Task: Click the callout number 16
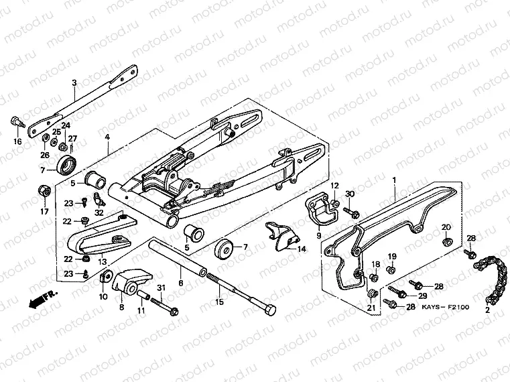17,141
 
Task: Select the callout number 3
74,83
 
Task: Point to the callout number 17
44,212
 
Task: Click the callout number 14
302,249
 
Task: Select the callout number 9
318,235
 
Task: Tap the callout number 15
218,303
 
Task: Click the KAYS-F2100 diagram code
447,307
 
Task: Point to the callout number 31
160,289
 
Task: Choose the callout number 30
349,194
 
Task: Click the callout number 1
395,180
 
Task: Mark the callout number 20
446,227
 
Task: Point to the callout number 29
422,296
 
